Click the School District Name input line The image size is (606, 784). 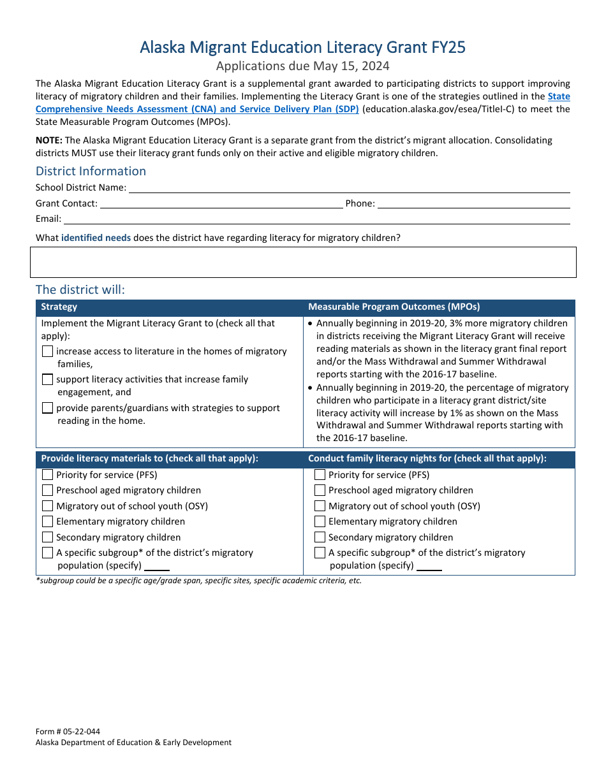(x=349, y=188)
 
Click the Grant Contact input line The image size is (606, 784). (x=221, y=204)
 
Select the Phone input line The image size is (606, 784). (x=474, y=204)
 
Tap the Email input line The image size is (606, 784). (x=316, y=219)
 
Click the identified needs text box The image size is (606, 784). (x=303, y=262)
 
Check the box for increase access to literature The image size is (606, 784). (x=48, y=351)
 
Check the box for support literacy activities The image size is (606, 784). (x=48, y=379)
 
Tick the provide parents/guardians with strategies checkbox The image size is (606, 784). (x=48, y=408)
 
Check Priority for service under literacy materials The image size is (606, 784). (x=48, y=475)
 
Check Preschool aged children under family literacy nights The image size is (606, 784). (x=320, y=490)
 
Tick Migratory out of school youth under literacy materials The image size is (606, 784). (x=48, y=506)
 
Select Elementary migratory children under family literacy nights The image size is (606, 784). (x=320, y=521)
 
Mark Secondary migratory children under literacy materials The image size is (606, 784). (x=48, y=537)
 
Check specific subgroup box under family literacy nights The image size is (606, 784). (x=320, y=553)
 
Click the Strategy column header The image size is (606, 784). (x=59, y=307)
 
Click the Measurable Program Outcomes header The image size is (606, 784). (x=394, y=307)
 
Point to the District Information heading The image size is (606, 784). (x=91, y=171)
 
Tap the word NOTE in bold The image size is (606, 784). (x=48, y=140)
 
